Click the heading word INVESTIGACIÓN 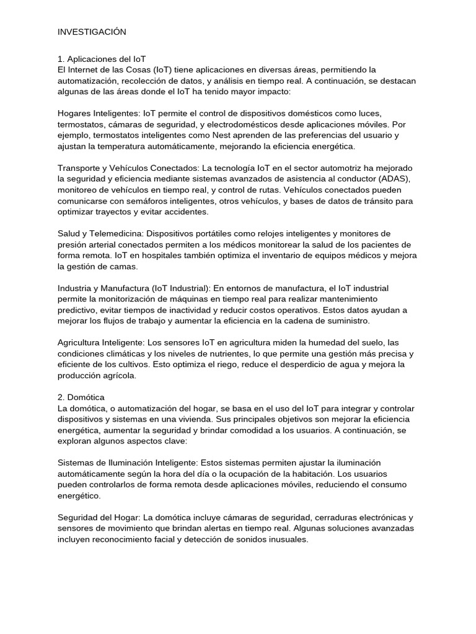tap(92, 32)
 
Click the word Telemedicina tap(113, 234)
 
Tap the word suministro tap(348, 322)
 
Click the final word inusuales tap(287, 540)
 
